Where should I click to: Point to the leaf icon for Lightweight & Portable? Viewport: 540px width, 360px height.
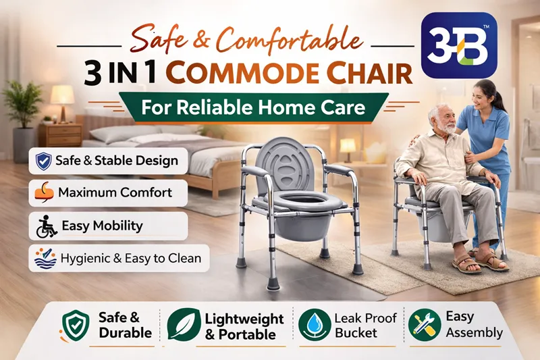182,324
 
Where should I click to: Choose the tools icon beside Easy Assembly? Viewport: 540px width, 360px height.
423,324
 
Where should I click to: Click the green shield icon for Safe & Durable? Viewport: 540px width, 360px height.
76,324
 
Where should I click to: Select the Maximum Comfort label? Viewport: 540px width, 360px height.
115,192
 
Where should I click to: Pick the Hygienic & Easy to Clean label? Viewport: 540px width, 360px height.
126,257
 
